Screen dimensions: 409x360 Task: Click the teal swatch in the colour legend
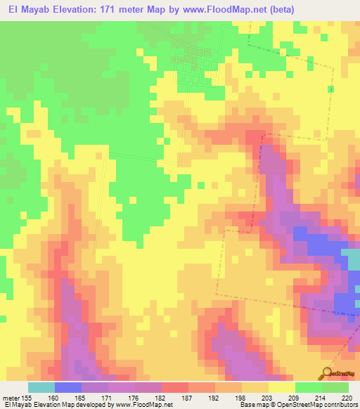click(41, 387)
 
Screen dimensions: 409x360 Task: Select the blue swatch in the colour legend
click(68, 387)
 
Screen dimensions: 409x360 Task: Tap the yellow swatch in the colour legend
click(282, 387)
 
